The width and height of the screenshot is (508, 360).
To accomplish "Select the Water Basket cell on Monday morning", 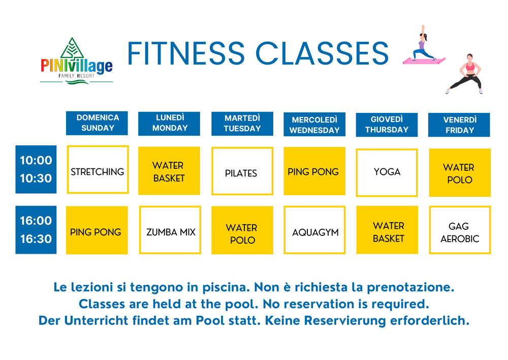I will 169,171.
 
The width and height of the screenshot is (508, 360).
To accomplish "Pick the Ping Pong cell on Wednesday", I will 314,171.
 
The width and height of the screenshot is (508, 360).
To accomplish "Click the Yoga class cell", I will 387,172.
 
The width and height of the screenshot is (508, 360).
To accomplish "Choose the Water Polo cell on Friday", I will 459,173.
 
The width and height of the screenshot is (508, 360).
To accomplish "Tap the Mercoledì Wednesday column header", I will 314,125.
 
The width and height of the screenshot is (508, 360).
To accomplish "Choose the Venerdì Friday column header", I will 459,125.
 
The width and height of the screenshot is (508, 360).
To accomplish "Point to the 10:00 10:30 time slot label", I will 36,169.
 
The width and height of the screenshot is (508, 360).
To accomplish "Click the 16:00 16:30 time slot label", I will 36,230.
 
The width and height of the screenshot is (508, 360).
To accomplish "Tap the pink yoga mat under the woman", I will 424,61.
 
